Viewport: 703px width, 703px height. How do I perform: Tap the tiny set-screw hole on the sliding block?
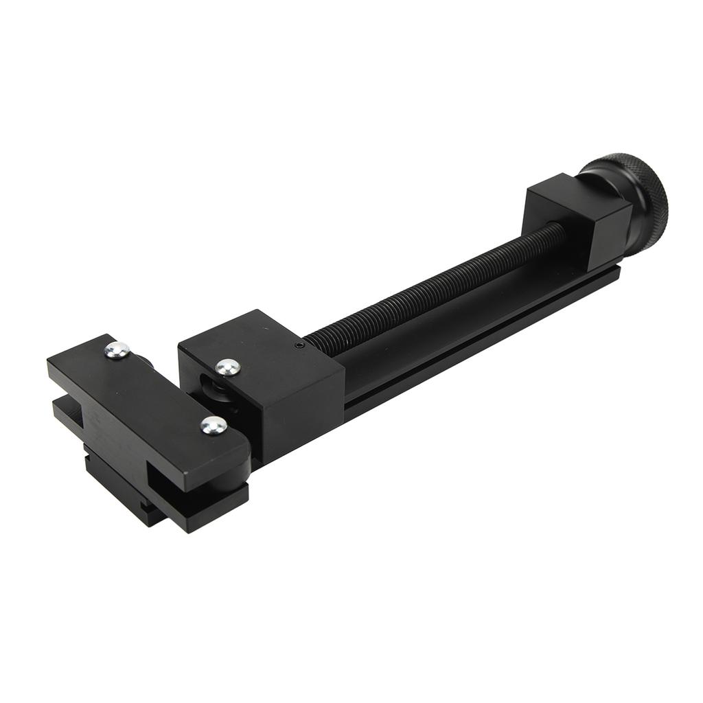(299, 345)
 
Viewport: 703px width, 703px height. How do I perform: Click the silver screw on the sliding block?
(227, 367)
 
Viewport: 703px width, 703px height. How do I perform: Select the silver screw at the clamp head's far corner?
(118, 351)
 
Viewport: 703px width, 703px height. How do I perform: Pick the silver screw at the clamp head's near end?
(214, 426)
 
